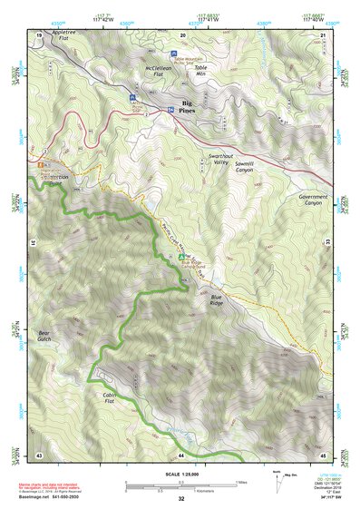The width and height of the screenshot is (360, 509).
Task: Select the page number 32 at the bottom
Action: (x=181, y=498)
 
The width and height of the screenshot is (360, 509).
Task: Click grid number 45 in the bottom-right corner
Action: (x=324, y=455)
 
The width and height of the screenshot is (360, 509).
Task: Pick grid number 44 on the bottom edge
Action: (x=181, y=455)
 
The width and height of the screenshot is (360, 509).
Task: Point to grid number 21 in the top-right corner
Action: (x=324, y=34)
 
